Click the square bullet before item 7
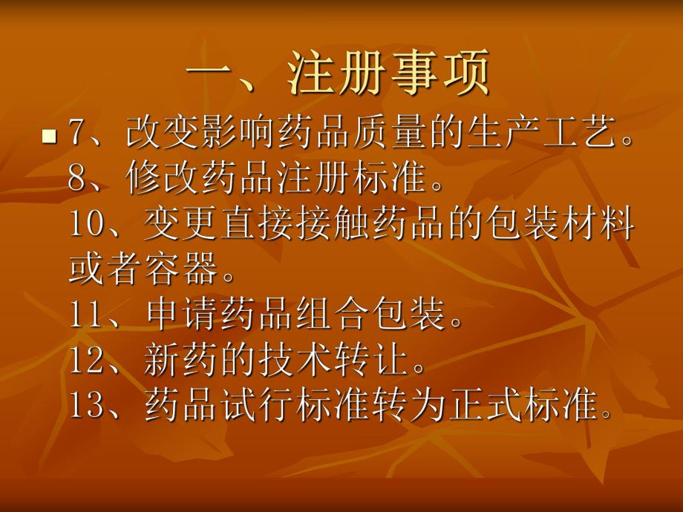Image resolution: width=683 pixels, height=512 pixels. (50, 137)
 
